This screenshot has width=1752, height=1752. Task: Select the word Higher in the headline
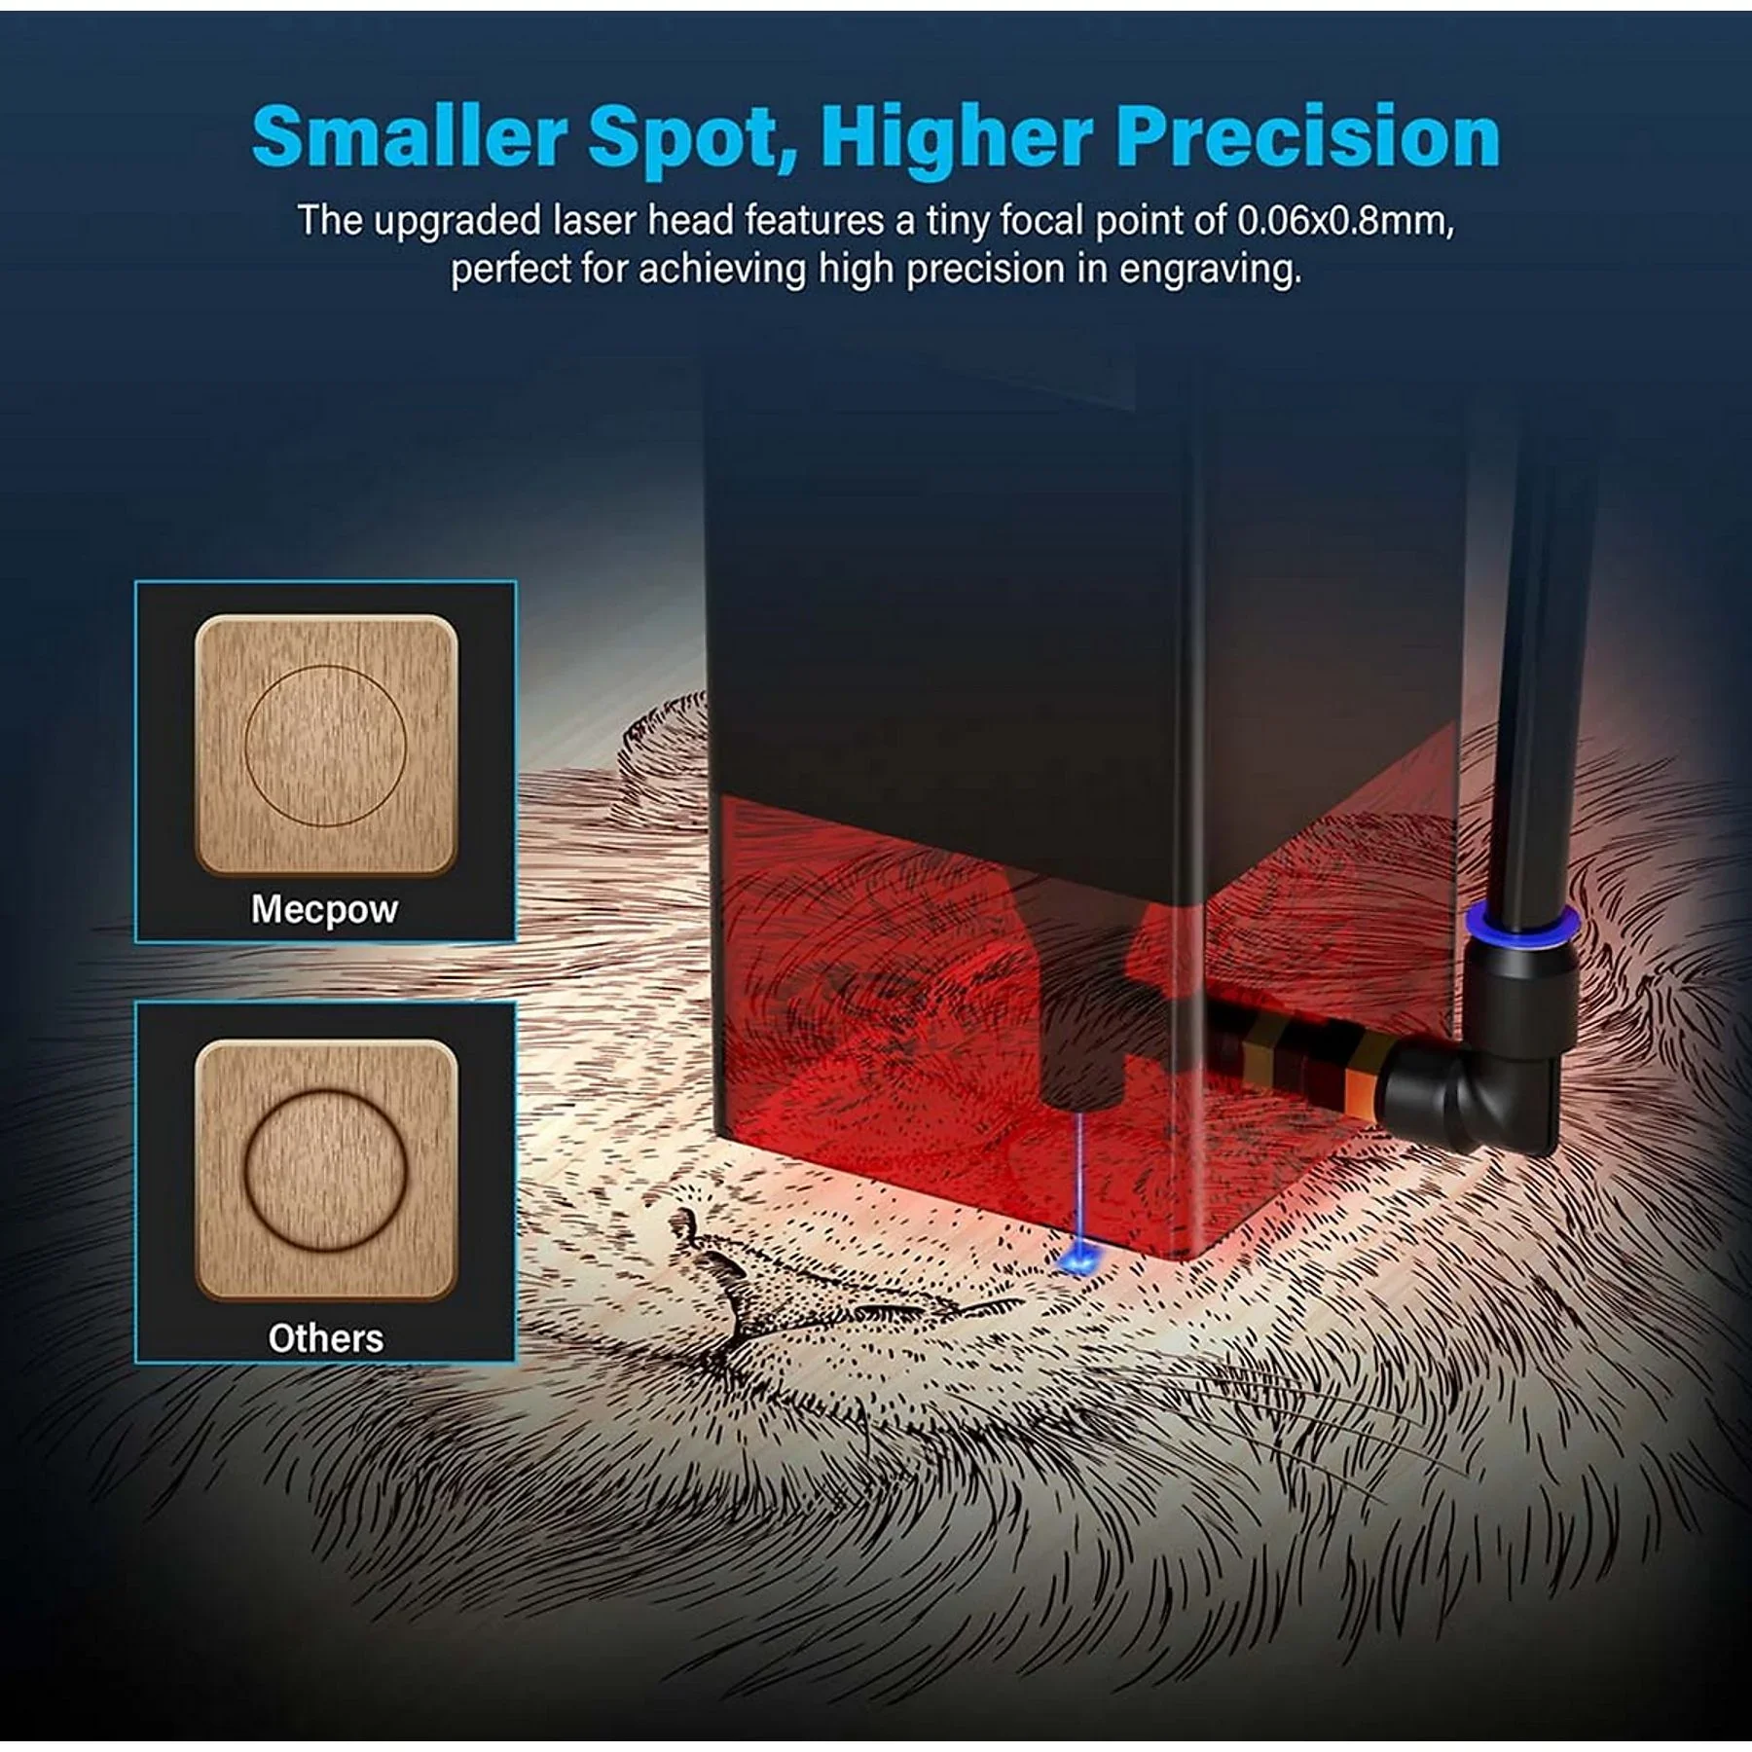point(958,137)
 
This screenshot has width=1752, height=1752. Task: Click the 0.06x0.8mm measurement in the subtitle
point(1346,222)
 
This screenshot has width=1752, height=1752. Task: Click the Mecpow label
point(324,909)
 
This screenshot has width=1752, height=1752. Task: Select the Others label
point(325,1338)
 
